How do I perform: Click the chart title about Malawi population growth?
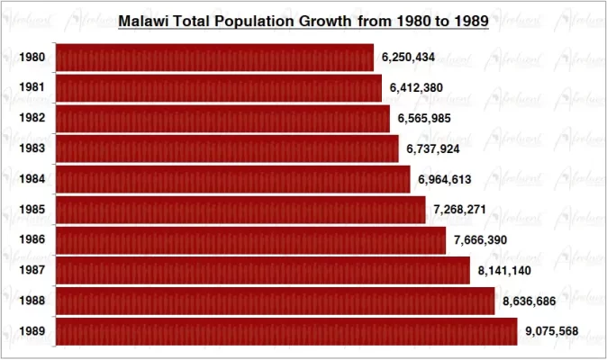click(303, 21)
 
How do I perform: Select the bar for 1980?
click(214, 58)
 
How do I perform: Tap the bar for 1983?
click(227, 148)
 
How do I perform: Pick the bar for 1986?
click(250, 240)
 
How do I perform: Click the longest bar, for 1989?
click(286, 331)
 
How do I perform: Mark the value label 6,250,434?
click(408, 58)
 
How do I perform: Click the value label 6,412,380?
click(417, 88)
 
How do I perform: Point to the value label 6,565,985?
click(425, 118)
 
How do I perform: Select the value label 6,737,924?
click(433, 148)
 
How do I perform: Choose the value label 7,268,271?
click(460, 210)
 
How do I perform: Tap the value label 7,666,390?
click(481, 240)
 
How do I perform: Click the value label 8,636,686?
click(530, 301)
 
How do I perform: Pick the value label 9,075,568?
click(552, 331)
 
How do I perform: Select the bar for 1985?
click(240, 210)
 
